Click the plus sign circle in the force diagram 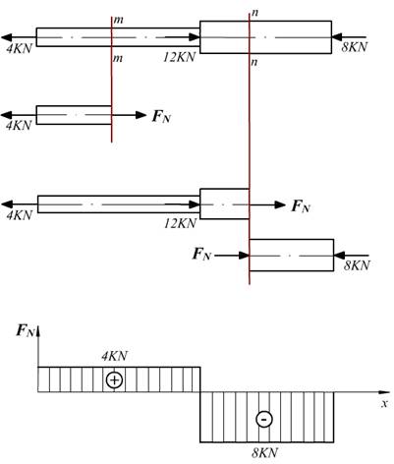point(114,379)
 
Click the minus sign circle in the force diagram point(264,419)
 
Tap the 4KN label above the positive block point(114,356)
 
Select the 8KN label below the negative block point(264,453)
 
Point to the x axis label point(384,403)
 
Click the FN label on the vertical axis point(25,331)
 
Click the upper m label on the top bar point(118,20)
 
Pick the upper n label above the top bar point(254,13)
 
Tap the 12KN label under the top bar point(180,57)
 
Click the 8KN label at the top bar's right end point(355,47)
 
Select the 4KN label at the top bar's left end point(20,48)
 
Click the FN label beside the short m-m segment point(162,117)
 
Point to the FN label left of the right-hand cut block point(201,255)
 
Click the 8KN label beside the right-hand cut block point(357,265)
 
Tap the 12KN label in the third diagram point(181,223)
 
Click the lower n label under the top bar point(254,62)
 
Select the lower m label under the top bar point(118,59)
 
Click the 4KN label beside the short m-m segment point(19,125)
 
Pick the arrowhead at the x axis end point(384,392)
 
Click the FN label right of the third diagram point(301,206)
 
